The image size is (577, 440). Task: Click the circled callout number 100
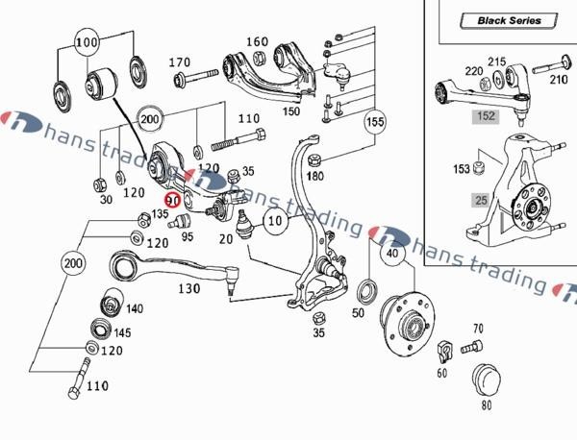click(87, 44)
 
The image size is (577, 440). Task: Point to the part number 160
click(257, 42)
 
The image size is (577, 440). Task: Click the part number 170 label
click(180, 63)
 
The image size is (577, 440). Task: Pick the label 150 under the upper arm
click(291, 112)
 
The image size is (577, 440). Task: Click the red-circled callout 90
click(173, 201)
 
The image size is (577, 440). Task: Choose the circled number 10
click(274, 222)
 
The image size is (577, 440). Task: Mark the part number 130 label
click(188, 288)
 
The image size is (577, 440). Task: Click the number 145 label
click(122, 333)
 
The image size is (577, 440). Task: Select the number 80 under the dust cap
click(486, 404)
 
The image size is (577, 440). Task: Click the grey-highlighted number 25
click(478, 200)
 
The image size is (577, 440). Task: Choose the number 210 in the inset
click(559, 80)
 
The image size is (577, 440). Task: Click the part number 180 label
click(314, 177)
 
